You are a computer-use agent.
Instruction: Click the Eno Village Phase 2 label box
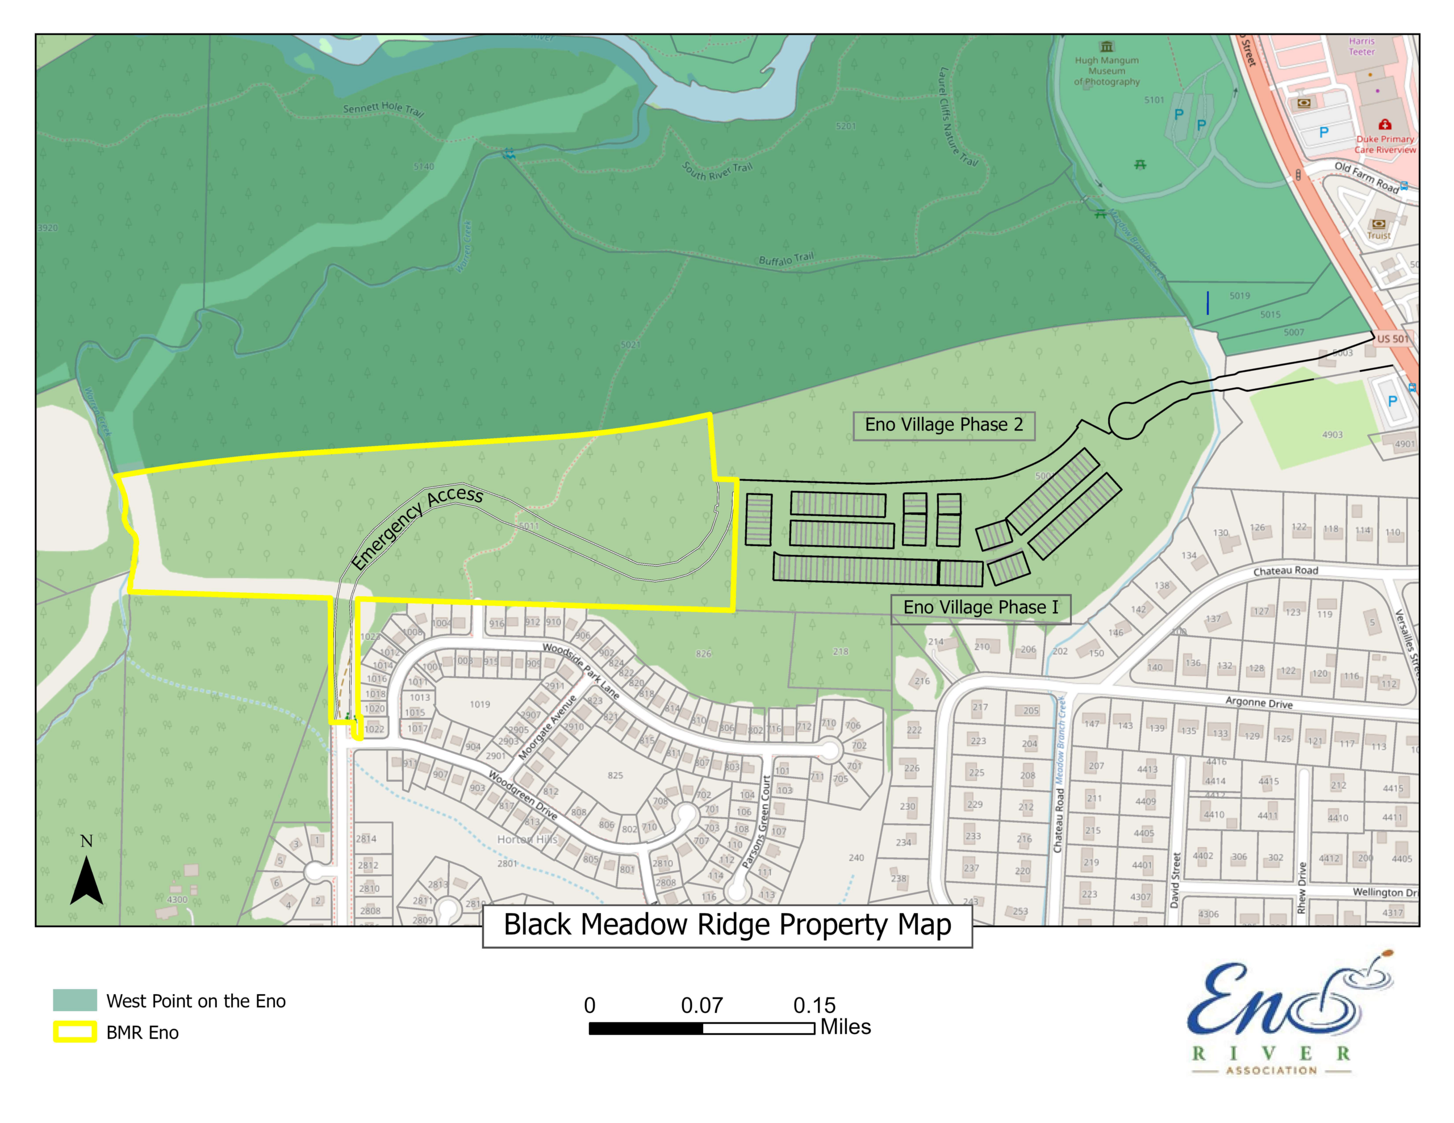(943, 425)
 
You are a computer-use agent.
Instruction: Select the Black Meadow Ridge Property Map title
(727, 925)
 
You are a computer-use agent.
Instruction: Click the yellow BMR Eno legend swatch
(74, 1032)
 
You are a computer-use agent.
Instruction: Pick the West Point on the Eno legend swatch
(74, 1000)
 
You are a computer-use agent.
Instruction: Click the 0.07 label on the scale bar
(701, 1005)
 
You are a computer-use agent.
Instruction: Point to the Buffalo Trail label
(786, 259)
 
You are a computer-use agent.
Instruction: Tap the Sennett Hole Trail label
(383, 108)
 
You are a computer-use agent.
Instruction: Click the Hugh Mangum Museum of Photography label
(1106, 70)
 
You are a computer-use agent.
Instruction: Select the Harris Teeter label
(1361, 47)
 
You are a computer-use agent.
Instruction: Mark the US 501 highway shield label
(1392, 339)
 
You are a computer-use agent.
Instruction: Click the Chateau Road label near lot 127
(1285, 571)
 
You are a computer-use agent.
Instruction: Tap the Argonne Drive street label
(1259, 702)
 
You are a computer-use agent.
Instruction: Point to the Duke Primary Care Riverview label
(1385, 144)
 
